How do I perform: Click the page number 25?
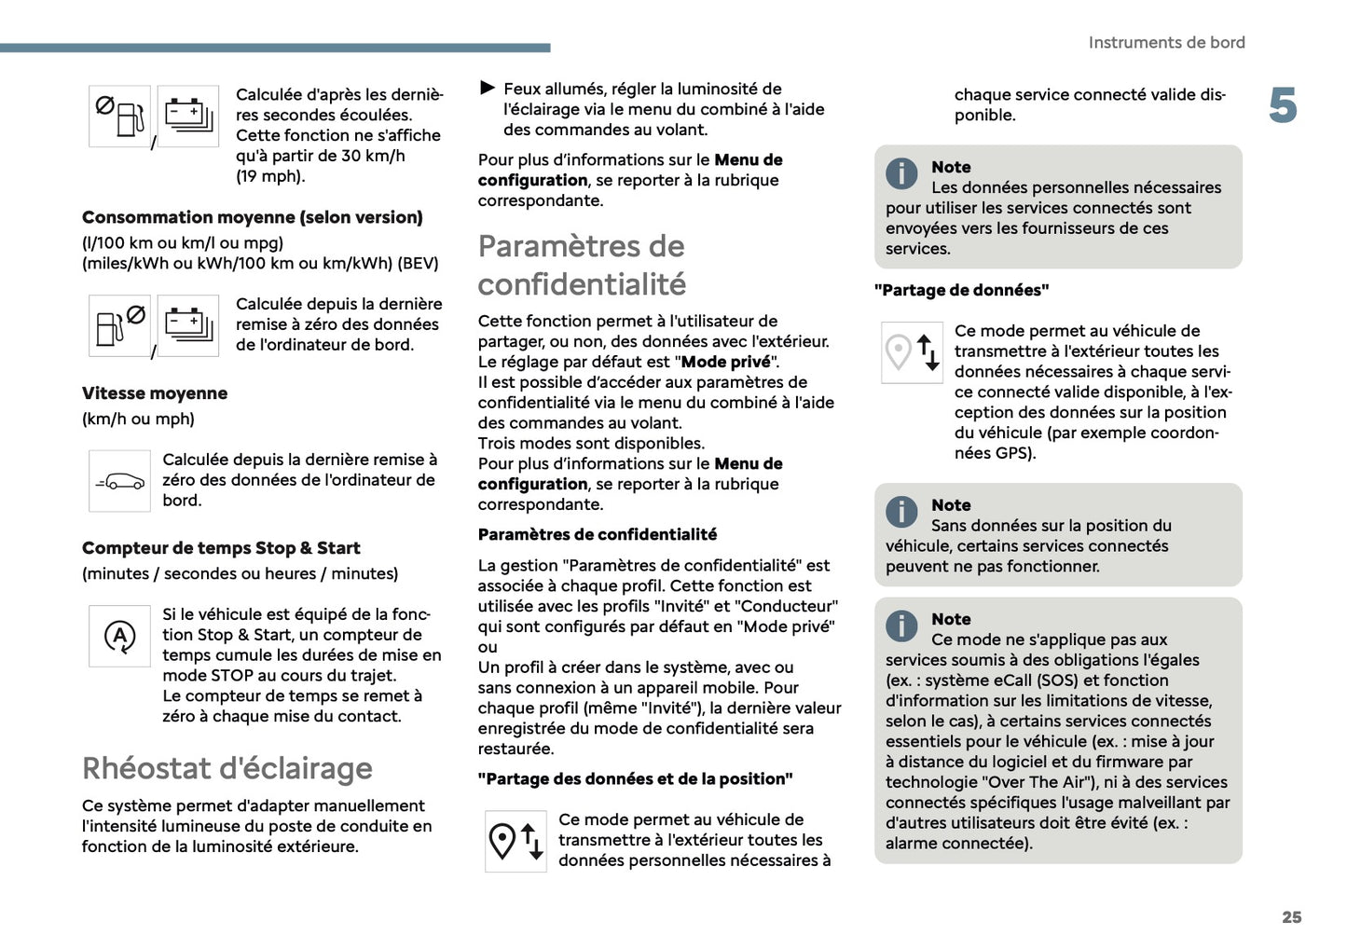(1291, 917)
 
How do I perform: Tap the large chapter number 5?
(1283, 105)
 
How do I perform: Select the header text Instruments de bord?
(1166, 43)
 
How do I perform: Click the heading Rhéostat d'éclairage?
(227, 768)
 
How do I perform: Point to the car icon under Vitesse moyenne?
(119, 481)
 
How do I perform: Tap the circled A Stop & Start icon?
(119, 637)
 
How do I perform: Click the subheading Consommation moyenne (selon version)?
(252, 217)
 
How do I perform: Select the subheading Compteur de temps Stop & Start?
(220, 548)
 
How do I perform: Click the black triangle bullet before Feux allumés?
(488, 89)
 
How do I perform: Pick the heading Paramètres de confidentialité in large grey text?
(582, 265)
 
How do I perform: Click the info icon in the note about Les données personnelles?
(901, 173)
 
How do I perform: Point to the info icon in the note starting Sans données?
(901, 512)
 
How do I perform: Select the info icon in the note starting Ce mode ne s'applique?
(901, 626)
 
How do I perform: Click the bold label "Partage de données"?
(961, 290)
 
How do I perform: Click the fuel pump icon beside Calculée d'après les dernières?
(119, 117)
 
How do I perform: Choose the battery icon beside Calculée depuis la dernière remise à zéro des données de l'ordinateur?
(188, 326)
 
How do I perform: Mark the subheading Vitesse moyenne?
(155, 393)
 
